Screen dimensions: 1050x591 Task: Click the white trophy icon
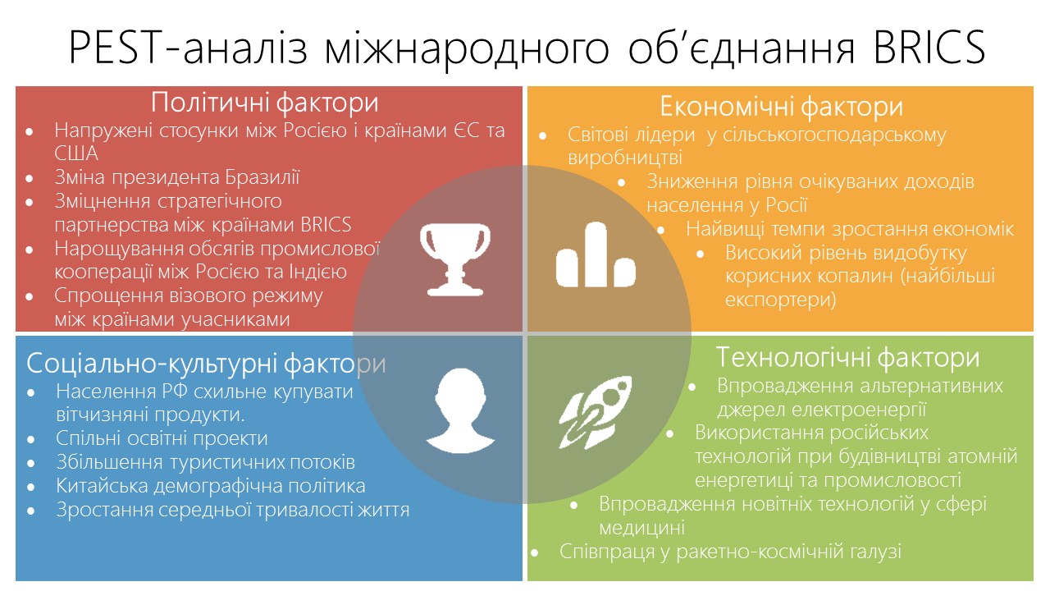[x=454, y=259]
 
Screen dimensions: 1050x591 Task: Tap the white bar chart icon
[x=596, y=254]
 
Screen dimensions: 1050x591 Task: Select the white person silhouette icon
[x=460, y=411]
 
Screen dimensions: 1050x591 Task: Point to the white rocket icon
[x=596, y=412]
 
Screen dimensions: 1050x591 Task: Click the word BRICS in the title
[x=929, y=47]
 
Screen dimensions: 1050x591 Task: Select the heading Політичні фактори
[x=264, y=103]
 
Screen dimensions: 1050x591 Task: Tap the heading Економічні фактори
[x=782, y=107]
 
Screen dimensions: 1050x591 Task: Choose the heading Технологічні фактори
[x=847, y=357]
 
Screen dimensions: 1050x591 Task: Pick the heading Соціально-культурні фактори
[x=206, y=363]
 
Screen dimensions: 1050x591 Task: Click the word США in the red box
[x=76, y=153]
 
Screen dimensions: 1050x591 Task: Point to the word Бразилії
[x=262, y=177]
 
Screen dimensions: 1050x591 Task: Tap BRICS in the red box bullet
[x=326, y=225]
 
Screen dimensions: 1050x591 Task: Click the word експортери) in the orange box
[x=780, y=300]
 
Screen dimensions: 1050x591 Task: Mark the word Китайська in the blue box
[x=102, y=485]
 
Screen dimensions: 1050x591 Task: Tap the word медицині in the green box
[x=641, y=528]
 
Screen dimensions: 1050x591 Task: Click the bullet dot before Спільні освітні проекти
[x=31, y=439]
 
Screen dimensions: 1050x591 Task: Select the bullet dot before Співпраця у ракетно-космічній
[x=534, y=553]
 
